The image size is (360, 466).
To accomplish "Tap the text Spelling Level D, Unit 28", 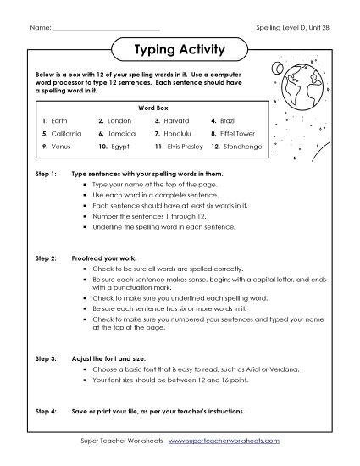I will pyautogui.click(x=293, y=29).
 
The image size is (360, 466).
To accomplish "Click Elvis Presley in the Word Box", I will pyautogui.click(x=186, y=147).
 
